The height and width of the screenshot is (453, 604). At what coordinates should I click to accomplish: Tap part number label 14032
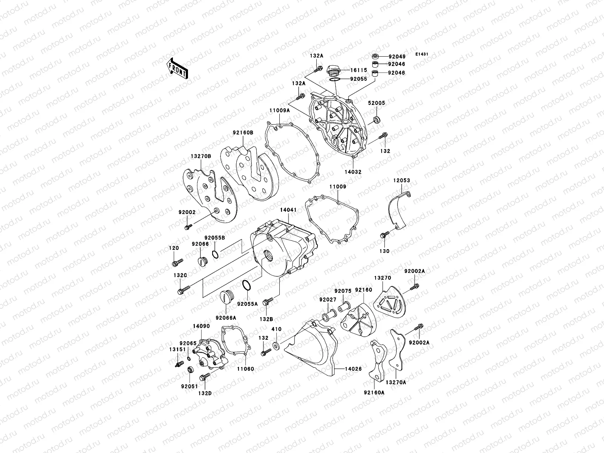(x=353, y=172)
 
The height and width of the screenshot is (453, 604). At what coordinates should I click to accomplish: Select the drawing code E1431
(x=422, y=54)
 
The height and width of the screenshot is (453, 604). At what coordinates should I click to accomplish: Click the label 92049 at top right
(x=396, y=57)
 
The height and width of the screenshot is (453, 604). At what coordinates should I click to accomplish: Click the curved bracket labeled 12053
(x=399, y=210)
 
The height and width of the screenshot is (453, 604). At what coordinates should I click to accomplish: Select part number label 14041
(x=288, y=208)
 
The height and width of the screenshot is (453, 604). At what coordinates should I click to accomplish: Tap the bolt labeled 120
(x=177, y=261)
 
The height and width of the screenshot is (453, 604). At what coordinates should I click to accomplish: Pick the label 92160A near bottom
(x=374, y=392)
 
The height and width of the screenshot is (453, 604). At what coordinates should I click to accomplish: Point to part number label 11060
(x=245, y=368)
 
